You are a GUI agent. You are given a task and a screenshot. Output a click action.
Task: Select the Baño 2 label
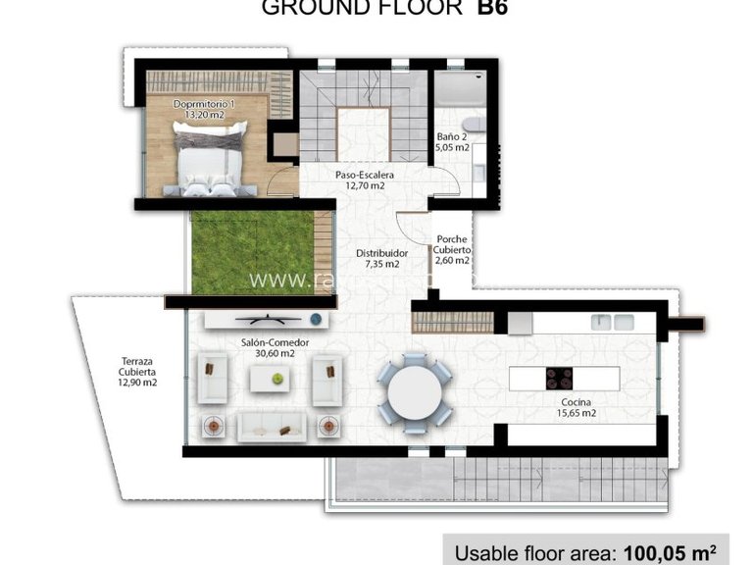coord(452,142)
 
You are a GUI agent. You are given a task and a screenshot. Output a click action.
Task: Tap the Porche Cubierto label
coord(452,250)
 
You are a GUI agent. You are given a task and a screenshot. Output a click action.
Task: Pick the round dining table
coord(416,392)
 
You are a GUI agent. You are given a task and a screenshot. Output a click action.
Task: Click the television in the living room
coord(265,319)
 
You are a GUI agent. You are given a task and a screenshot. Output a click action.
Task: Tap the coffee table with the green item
coord(277,378)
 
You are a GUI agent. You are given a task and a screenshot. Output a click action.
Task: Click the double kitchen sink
coord(612,321)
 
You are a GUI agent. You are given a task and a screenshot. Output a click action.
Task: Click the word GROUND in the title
coord(309,9)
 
